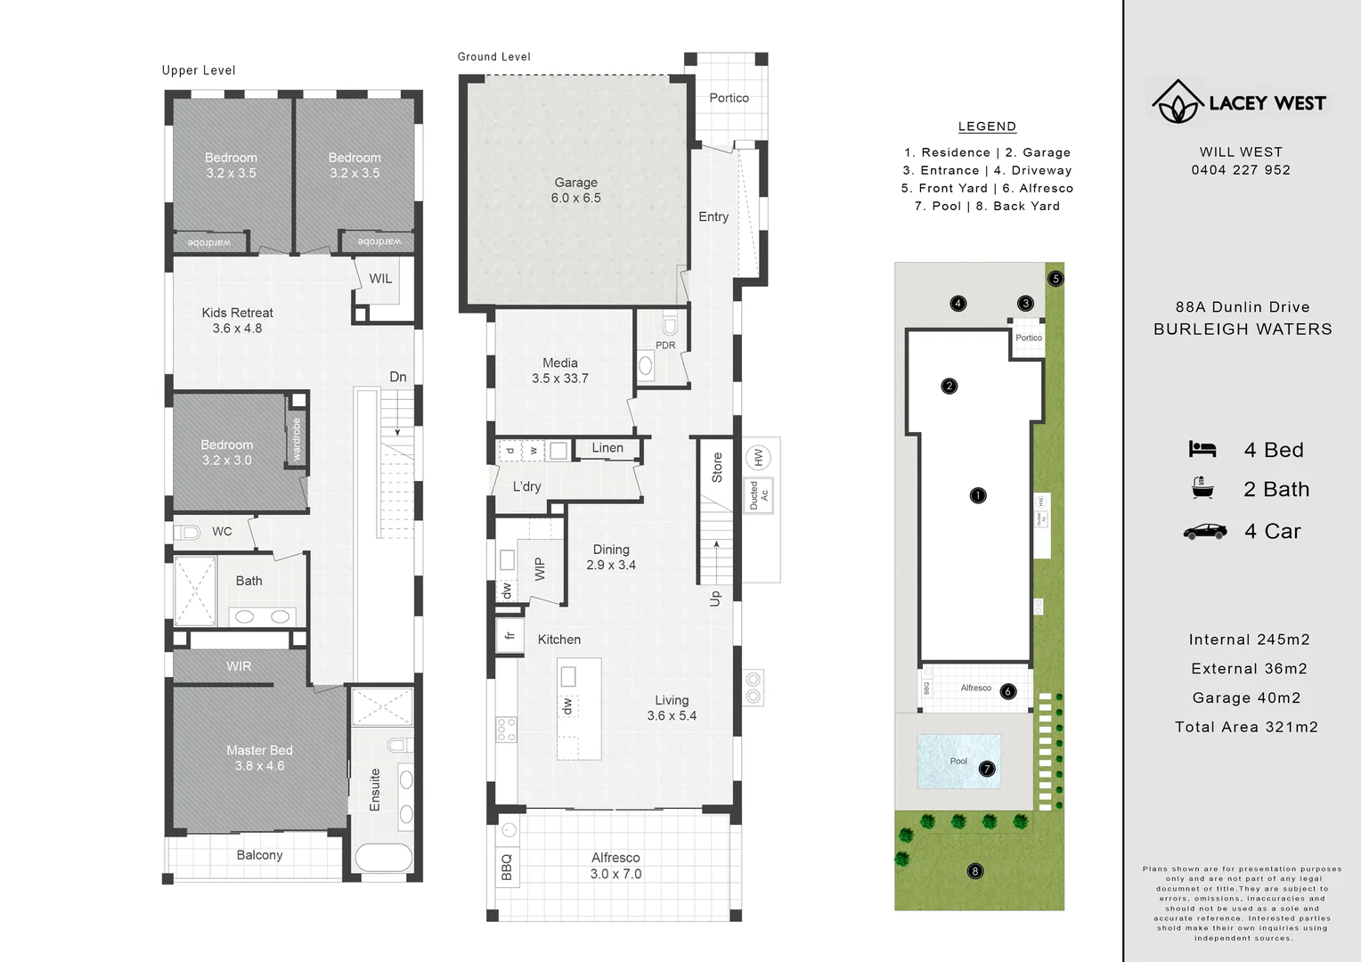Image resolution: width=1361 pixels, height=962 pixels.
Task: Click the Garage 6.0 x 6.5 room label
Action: click(x=575, y=190)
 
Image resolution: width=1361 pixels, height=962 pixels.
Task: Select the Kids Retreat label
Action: click(x=237, y=313)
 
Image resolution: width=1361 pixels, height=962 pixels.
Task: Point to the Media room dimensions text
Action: click(x=559, y=379)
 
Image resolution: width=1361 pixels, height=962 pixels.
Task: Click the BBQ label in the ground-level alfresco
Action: click(x=507, y=867)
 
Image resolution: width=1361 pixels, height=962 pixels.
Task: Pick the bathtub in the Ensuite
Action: click(x=383, y=859)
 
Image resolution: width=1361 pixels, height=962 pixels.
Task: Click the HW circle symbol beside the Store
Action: click(x=758, y=458)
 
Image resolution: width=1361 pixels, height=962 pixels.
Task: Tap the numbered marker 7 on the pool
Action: click(x=986, y=769)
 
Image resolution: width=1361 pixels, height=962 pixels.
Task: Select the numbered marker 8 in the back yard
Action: click(x=975, y=871)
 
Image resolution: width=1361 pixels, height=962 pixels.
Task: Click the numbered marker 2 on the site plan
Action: click(x=949, y=386)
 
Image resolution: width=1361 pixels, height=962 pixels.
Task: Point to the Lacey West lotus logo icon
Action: click(x=1178, y=102)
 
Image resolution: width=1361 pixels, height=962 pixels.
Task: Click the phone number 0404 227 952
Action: click(x=1241, y=170)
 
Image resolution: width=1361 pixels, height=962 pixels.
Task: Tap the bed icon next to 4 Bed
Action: click(x=1202, y=450)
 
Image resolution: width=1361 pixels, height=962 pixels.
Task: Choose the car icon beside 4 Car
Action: click(x=1204, y=532)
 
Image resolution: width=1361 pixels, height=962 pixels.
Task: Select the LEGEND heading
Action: click(x=987, y=126)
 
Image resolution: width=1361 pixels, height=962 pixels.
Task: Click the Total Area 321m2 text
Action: click(x=1246, y=727)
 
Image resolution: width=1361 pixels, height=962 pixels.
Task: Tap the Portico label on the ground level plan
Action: click(x=729, y=98)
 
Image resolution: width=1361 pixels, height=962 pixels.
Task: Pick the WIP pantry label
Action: click(x=539, y=569)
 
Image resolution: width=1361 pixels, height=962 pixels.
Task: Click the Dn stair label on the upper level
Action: click(x=398, y=377)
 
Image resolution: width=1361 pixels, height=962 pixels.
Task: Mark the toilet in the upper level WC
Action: click(x=188, y=533)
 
